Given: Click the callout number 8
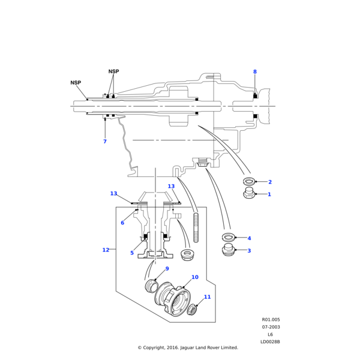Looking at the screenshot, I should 254,72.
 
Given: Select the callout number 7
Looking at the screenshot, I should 104,142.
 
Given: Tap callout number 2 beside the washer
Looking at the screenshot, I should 269,182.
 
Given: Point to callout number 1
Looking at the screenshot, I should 269,194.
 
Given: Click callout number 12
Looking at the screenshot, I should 106,250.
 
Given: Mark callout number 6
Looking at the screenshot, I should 122,223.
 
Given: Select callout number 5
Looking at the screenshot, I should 132,253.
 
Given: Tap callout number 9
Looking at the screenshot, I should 167,269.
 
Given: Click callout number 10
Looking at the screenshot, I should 194,277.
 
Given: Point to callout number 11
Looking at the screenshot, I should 207,297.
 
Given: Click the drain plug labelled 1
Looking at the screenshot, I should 249,193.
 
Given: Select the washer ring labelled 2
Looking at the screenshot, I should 249,181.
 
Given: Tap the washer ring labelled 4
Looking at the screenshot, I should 228,238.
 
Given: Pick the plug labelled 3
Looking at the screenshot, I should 228,251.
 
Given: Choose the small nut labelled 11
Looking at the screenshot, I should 193,310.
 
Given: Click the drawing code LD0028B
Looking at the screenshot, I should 270,342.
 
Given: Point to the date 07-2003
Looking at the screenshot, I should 270,327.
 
